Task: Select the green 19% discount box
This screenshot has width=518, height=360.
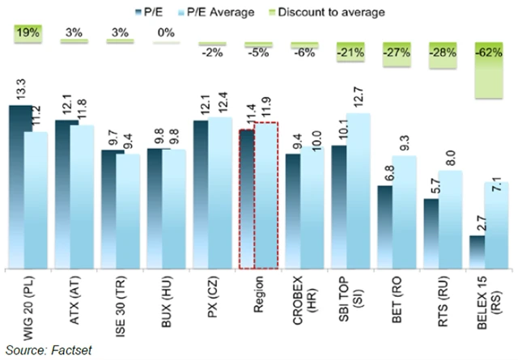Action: pos(28,35)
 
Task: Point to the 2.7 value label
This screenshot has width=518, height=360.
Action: pos(477,222)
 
